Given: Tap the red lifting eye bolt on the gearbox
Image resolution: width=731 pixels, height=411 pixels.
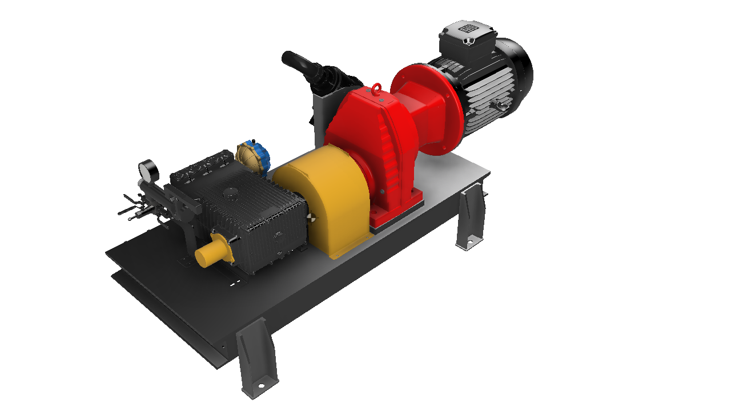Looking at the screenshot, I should (377, 89).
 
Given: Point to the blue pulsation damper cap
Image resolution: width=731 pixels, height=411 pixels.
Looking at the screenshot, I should (262, 155).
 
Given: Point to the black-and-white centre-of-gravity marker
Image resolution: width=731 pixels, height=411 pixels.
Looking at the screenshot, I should (311, 217).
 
